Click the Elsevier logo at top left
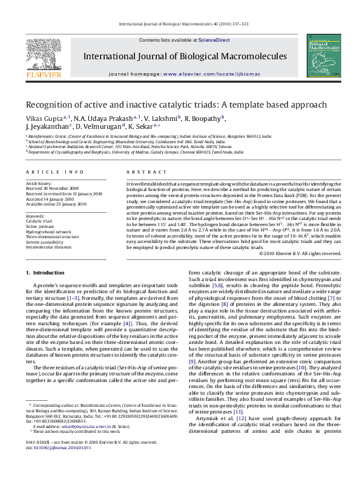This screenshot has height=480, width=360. point(43,58)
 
